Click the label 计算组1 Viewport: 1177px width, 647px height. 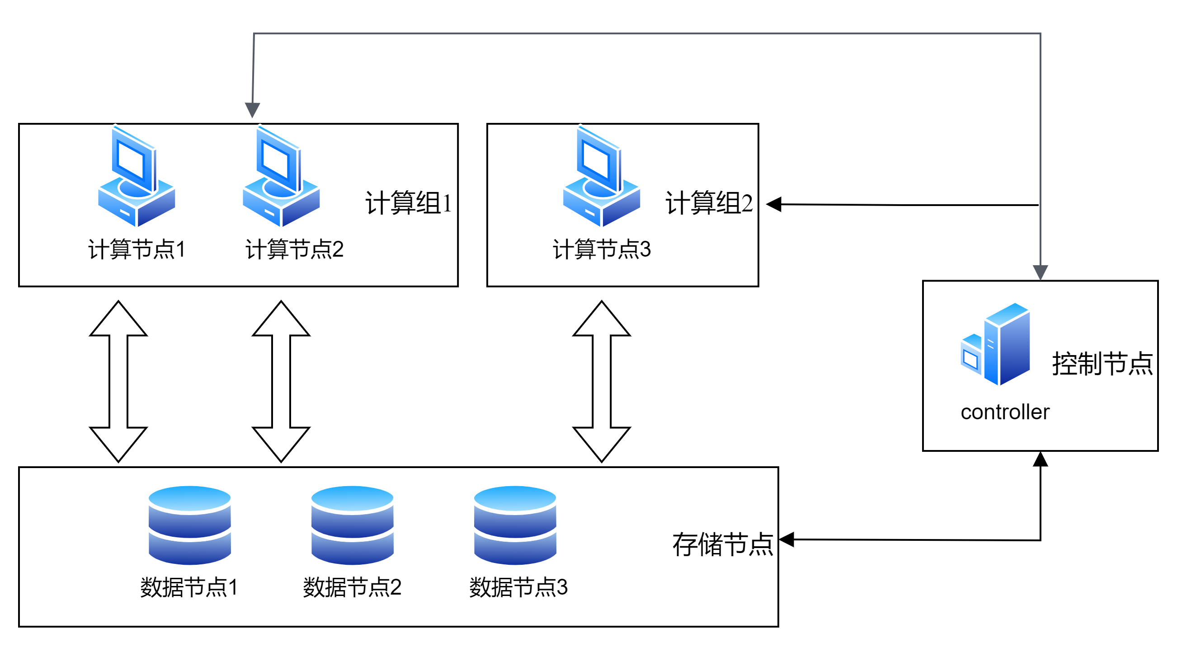click(x=408, y=203)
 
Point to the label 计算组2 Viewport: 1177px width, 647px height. click(x=708, y=203)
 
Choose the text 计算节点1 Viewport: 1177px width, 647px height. click(x=137, y=249)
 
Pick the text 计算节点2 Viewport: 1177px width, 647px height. click(x=294, y=249)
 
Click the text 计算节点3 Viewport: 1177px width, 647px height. click(x=601, y=249)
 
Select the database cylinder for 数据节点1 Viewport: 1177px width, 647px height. click(x=190, y=525)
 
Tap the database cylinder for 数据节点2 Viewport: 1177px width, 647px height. click(x=352, y=525)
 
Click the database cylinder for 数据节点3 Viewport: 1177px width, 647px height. click(x=515, y=525)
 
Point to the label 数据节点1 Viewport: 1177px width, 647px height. click(x=189, y=587)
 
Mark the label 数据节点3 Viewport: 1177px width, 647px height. click(x=518, y=587)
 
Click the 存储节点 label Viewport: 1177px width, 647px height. click(x=722, y=544)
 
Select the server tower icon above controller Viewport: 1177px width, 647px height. click(x=996, y=345)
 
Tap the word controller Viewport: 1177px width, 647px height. click(x=1005, y=413)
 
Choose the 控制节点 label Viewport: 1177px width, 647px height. click(x=1102, y=364)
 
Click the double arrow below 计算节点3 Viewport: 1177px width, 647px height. click(x=601, y=381)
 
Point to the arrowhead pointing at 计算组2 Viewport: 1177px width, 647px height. click(x=774, y=204)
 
